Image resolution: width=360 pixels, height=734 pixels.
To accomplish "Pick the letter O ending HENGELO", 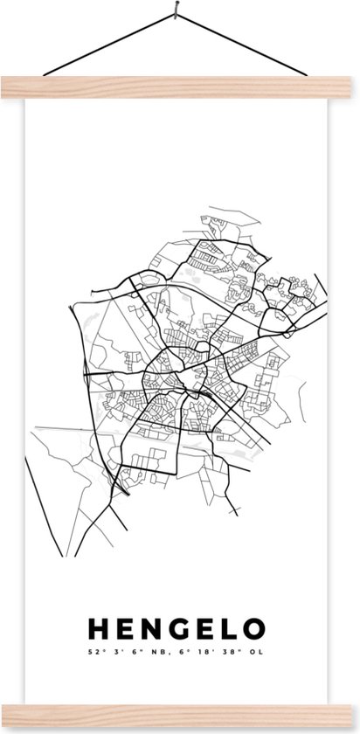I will (253, 605).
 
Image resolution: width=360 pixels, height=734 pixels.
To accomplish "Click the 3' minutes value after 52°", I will (114, 627).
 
